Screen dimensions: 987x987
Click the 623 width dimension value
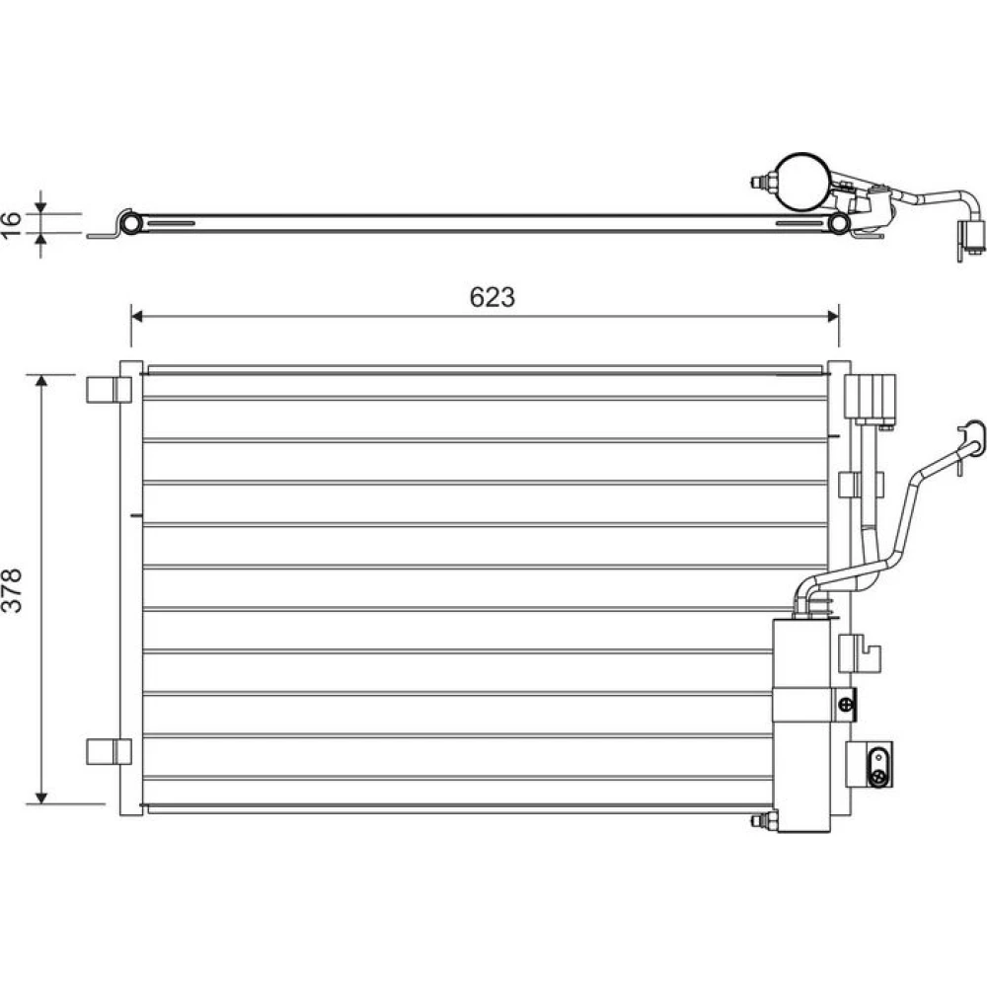pyautogui.click(x=493, y=297)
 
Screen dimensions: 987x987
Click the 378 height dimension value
pyautogui.click(x=12, y=590)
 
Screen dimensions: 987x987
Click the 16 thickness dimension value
pyautogui.click(x=11, y=225)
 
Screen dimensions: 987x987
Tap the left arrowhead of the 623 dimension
pyautogui.click(x=137, y=316)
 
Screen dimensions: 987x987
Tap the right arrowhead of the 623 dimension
pyautogui.click(x=832, y=316)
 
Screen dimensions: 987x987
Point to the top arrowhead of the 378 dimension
pyautogui.click(x=41, y=381)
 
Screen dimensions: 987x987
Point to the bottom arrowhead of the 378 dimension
pyautogui.click(x=41, y=797)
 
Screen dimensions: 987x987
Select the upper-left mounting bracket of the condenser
pyautogui.click(x=109, y=390)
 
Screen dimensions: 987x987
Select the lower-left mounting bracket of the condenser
pyautogui.click(x=109, y=751)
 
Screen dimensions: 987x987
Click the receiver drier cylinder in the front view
pyautogui.click(x=801, y=725)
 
